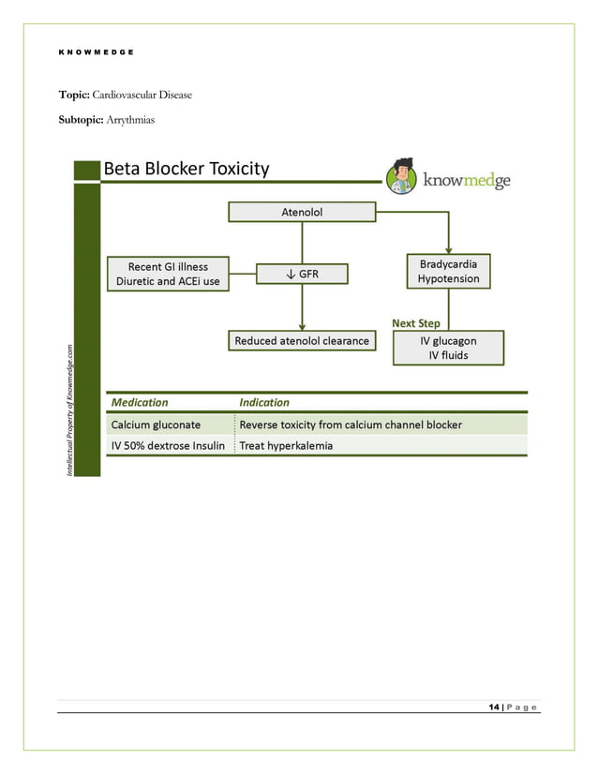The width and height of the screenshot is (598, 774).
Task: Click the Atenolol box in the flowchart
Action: (x=302, y=213)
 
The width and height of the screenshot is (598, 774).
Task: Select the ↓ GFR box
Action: (x=302, y=274)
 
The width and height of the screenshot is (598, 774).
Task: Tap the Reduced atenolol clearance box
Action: (x=302, y=341)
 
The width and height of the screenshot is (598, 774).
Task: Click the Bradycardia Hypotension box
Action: (x=448, y=272)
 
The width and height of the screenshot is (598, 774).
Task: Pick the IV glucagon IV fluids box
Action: (x=448, y=348)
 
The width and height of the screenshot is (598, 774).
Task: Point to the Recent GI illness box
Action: (x=168, y=274)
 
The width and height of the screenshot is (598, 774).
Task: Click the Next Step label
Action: (x=415, y=323)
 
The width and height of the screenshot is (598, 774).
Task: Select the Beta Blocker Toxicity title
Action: (x=187, y=170)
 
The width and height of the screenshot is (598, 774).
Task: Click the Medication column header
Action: (x=140, y=402)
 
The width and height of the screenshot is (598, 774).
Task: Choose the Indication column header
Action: (x=264, y=402)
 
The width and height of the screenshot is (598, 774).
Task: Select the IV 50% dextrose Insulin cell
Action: (x=168, y=446)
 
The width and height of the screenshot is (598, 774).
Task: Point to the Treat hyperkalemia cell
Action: (x=286, y=446)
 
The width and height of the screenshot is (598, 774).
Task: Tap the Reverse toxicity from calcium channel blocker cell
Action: (x=351, y=424)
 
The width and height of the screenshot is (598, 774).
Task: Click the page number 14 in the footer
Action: (x=493, y=707)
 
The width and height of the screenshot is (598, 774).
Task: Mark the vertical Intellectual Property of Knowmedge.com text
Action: (x=68, y=409)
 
